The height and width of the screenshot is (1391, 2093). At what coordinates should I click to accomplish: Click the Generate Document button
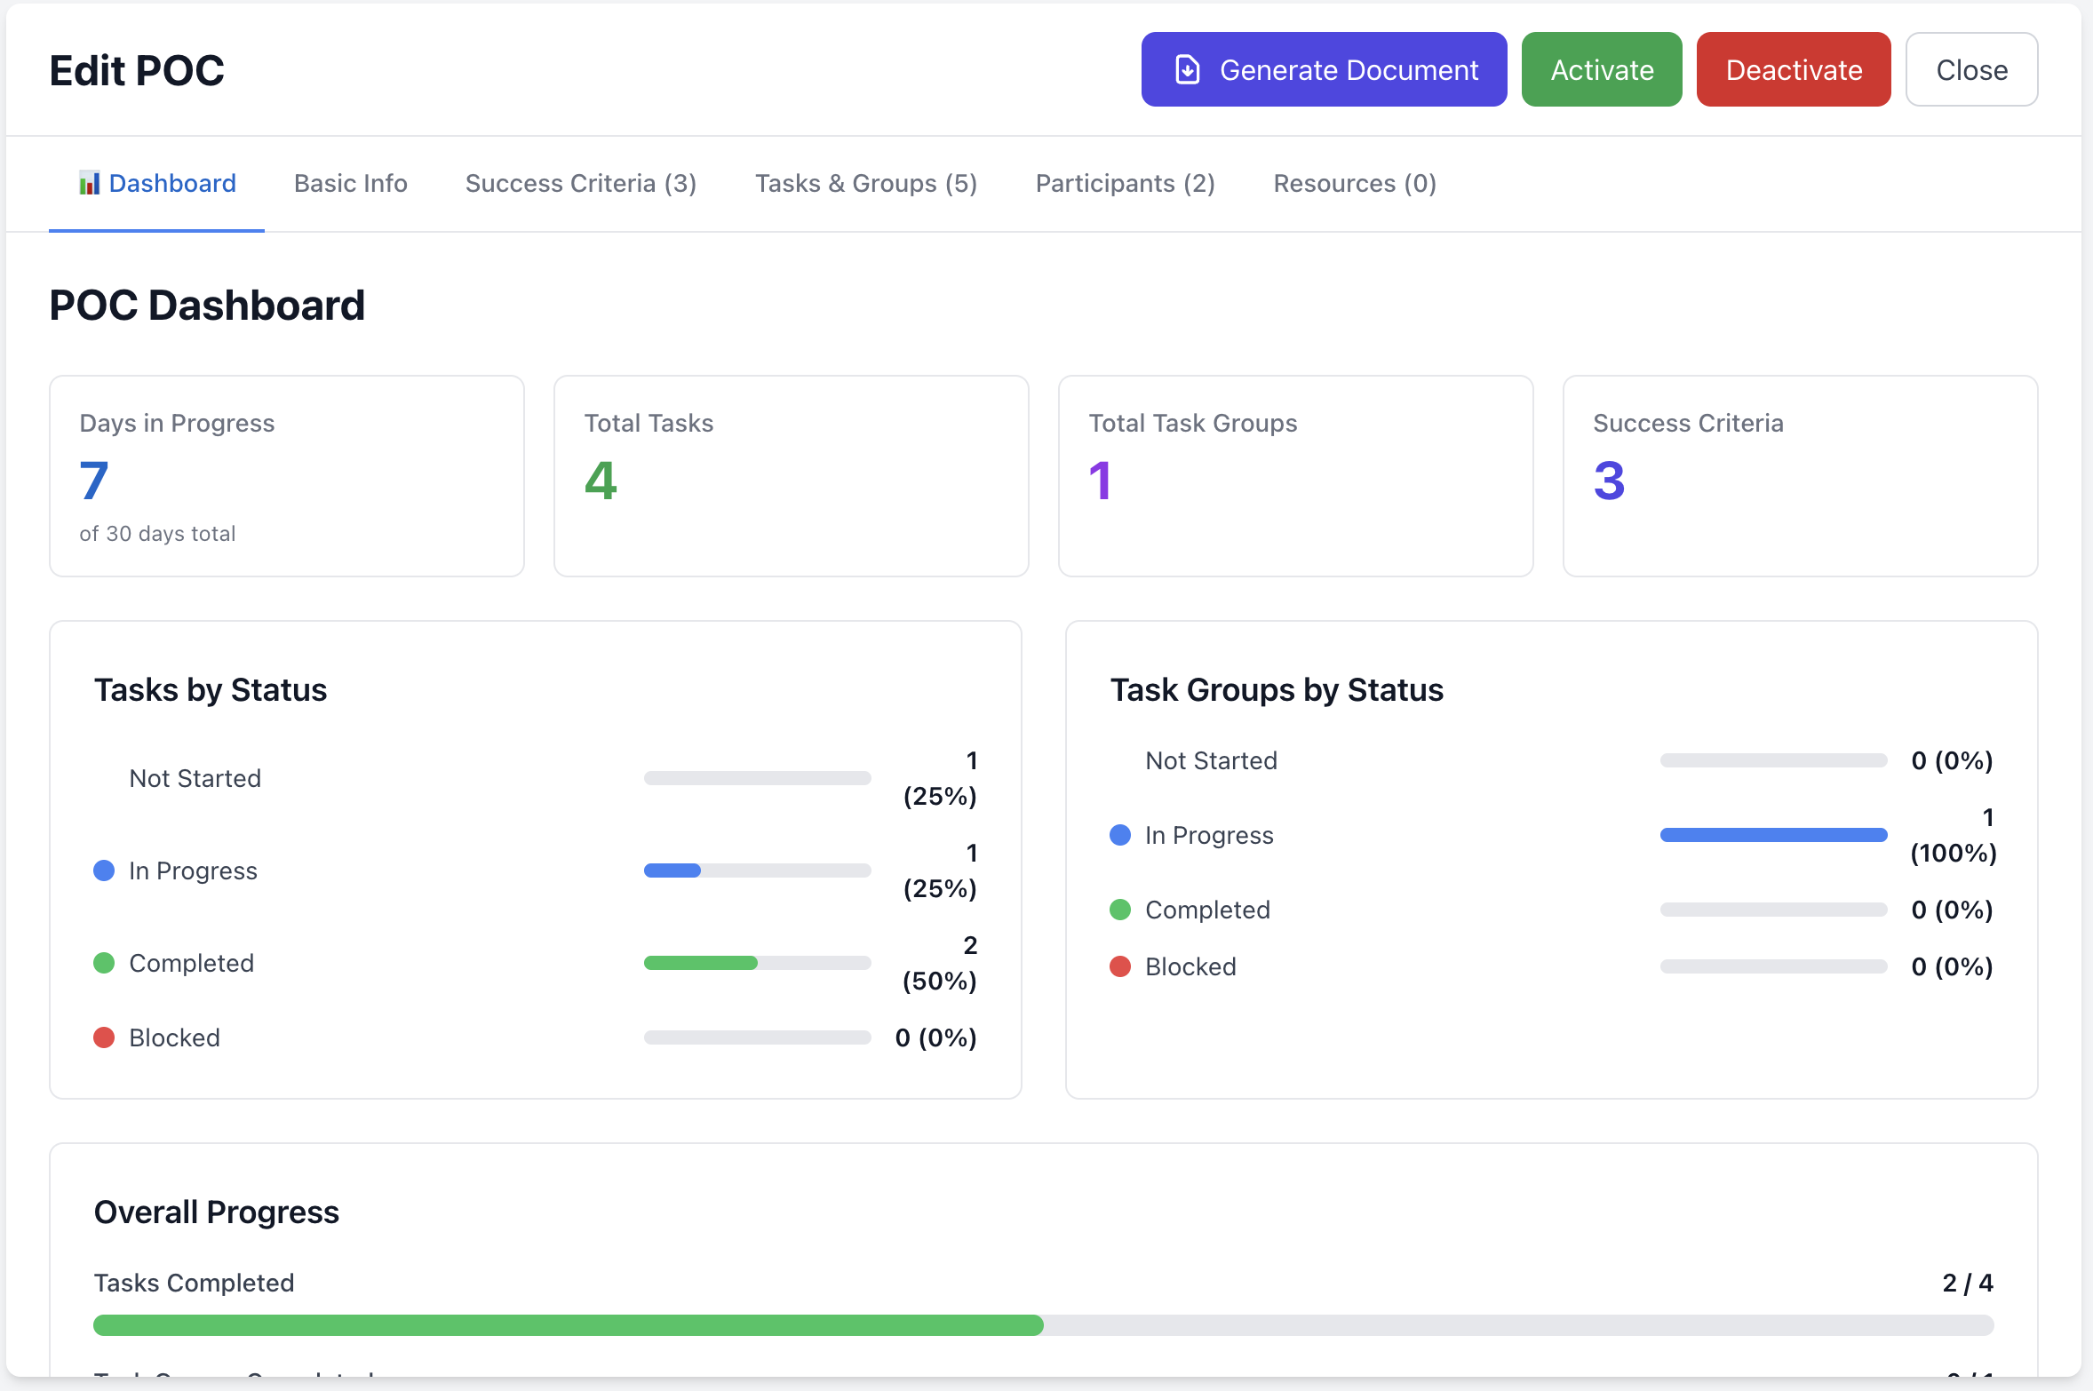tap(1324, 69)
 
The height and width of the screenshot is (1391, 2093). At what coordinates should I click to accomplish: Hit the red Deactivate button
tap(1793, 69)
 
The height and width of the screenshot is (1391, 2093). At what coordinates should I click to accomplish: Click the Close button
tap(1971, 69)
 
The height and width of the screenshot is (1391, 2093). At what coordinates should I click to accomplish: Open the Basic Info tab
tap(350, 183)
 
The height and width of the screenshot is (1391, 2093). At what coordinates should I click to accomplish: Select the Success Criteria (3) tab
tap(580, 183)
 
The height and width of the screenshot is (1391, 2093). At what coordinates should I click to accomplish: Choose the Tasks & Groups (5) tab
tap(865, 183)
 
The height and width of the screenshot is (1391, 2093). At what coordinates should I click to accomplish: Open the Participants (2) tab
tap(1125, 183)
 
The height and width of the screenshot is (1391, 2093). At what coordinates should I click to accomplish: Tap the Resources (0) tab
tap(1354, 183)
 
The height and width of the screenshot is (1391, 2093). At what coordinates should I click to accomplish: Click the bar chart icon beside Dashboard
tap(89, 183)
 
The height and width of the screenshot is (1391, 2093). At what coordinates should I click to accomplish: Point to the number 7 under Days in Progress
tap(94, 481)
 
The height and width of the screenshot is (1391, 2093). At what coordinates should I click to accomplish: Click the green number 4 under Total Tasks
tap(601, 481)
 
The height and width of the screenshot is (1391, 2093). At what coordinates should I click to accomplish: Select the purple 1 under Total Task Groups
tap(1100, 481)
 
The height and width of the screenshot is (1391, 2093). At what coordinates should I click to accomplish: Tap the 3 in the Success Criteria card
tap(1608, 481)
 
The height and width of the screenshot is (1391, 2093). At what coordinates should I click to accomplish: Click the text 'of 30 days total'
tap(157, 534)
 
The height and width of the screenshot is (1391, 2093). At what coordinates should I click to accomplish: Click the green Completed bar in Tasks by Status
tap(700, 963)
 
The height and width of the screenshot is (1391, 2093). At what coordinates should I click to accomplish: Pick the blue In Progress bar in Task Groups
tap(1772, 835)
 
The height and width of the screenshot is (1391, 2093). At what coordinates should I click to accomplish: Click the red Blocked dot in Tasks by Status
tap(104, 1037)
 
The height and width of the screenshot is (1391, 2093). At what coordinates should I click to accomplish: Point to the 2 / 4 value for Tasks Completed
tap(1967, 1283)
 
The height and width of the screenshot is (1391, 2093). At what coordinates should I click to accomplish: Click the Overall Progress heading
tap(216, 1212)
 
